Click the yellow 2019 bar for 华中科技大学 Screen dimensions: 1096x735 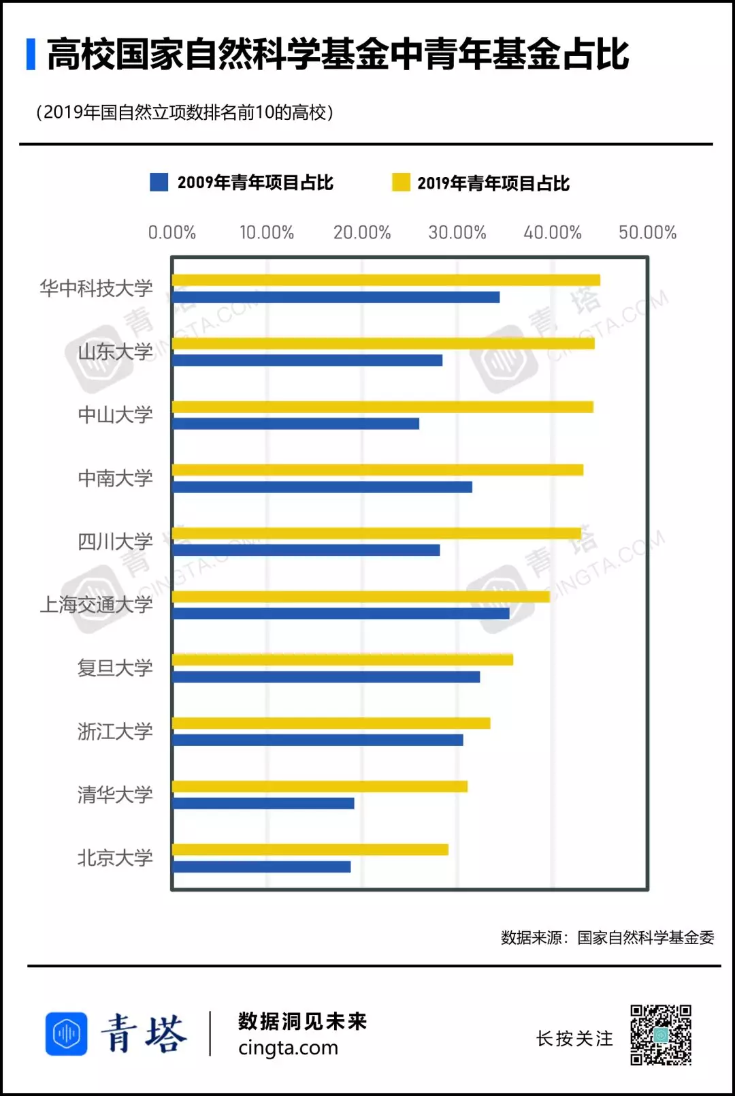386,280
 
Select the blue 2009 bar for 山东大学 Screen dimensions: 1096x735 308,360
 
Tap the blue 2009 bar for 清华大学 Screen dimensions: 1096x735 263,803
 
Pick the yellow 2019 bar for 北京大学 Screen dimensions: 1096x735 310,849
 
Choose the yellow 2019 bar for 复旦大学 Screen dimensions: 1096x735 342,659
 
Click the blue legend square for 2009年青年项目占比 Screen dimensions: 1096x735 159,183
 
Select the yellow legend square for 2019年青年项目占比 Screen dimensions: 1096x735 401,183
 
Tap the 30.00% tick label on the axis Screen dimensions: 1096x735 457,233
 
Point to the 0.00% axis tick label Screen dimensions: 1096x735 172,233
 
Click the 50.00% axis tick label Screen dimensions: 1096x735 647,233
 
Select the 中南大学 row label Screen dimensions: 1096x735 115,478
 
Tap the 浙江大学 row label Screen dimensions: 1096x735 115,732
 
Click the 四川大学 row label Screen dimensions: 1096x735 115,542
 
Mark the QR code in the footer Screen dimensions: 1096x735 660,1035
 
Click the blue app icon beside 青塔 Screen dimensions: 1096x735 67,1033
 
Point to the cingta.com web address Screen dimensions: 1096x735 288,1048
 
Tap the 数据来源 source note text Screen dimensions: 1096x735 607,938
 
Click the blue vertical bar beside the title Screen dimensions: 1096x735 31,54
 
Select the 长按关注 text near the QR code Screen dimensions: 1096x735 574,1039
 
